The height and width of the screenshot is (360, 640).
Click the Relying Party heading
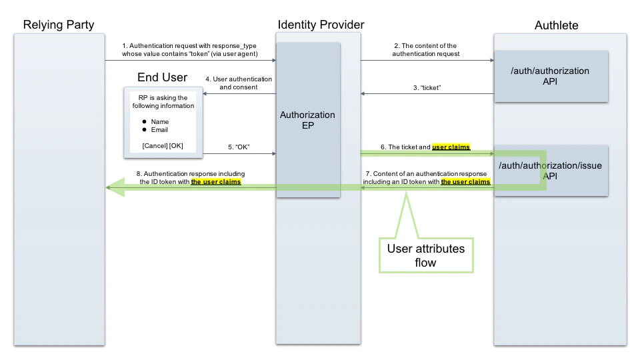[59, 25]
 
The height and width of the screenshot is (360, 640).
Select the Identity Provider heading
[321, 25]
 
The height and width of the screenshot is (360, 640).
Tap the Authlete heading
[557, 25]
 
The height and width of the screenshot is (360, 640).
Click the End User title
[162, 78]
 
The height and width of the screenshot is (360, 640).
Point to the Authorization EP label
[307, 121]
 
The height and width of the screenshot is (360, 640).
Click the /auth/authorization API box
[551, 76]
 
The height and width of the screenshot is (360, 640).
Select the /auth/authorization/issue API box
[551, 171]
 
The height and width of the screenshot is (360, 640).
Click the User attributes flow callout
[427, 254]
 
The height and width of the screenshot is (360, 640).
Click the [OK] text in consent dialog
[176, 145]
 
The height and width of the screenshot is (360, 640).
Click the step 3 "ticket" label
[427, 87]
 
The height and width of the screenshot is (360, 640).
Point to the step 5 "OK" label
[239, 147]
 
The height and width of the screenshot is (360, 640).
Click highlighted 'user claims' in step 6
[451, 147]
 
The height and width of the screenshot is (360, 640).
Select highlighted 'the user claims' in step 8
[216, 181]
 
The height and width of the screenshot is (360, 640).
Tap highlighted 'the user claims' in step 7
[465, 181]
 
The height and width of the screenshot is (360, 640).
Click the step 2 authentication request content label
[425, 49]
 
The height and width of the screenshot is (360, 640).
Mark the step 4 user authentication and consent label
[239, 83]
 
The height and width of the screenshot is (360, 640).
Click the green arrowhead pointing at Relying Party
[115, 188]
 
